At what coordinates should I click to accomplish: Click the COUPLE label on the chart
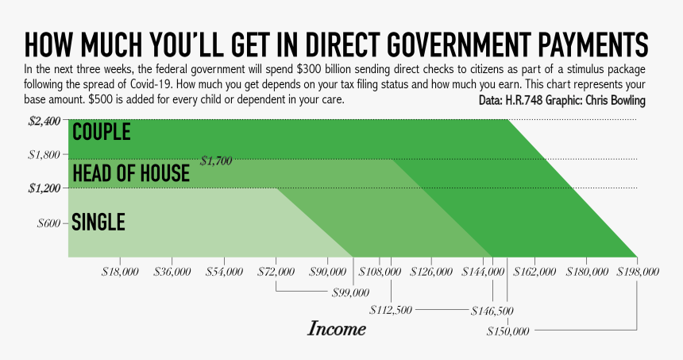(x=101, y=132)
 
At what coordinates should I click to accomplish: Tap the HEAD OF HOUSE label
(x=130, y=172)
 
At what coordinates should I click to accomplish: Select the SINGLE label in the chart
(x=98, y=223)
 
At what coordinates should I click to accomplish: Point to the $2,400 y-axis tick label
(x=44, y=121)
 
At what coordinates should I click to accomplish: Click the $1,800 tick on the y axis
(x=44, y=154)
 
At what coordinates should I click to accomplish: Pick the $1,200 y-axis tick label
(x=44, y=188)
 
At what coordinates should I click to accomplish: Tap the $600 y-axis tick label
(x=49, y=223)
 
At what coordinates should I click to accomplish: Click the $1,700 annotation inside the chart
(x=216, y=161)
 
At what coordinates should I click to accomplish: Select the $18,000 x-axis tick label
(x=121, y=272)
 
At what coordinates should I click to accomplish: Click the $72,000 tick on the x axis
(x=276, y=272)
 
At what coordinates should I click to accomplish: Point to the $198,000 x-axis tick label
(x=637, y=272)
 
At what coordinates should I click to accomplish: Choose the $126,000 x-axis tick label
(x=430, y=272)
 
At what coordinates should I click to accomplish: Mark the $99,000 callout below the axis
(x=350, y=292)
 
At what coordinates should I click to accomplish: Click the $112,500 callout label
(x=391, y=310)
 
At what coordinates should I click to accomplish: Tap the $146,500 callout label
(x=492, y=310)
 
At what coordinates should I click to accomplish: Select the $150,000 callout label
(x=508, y=330)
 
